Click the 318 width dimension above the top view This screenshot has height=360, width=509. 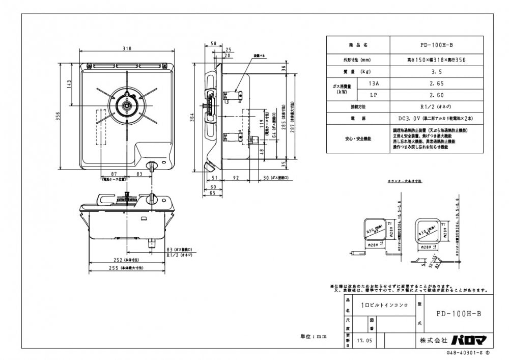pyautogui.click(x=127, y=48)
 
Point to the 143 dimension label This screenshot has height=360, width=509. pyautogui.click(x=69, y=85)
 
